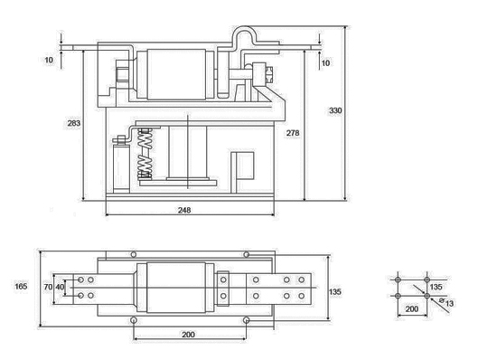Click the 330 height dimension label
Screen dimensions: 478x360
[335, 110]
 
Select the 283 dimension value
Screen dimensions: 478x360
[74, 123]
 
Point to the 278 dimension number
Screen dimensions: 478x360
[293, 133]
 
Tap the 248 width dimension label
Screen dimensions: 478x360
[184, 210]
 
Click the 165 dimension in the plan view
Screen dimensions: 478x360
[21, 286]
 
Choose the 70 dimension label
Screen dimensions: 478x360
[48, 287]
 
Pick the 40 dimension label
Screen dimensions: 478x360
[60, 287]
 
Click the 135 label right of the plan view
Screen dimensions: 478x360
[335, 291]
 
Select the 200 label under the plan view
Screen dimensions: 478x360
[188, 335]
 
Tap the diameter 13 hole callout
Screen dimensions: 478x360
[446, 303]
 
